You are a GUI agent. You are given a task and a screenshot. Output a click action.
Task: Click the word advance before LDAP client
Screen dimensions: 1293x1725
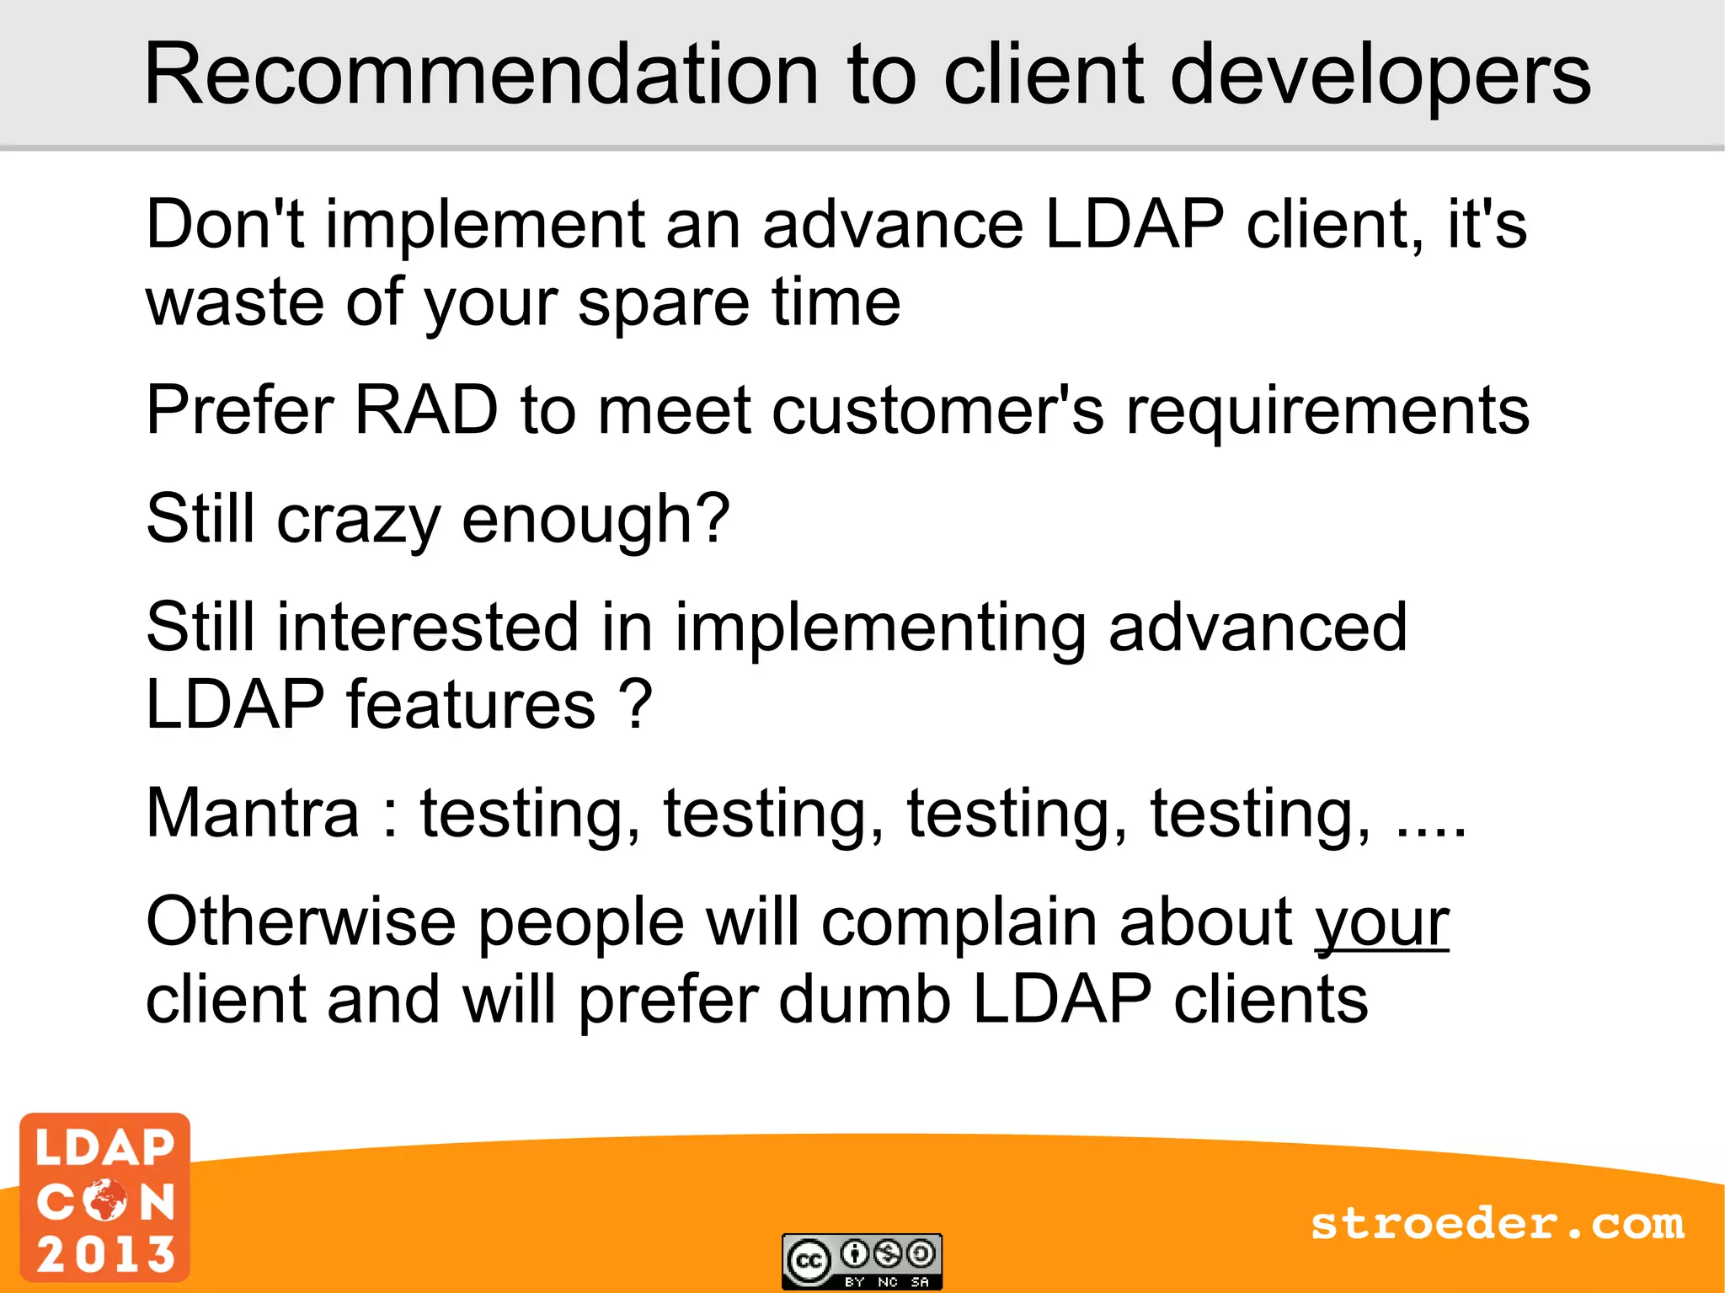pos(892,226)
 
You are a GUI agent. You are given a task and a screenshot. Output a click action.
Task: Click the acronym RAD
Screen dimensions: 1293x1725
pos(426,410)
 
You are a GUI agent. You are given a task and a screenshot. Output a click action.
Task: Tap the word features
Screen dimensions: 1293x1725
pos(471,704)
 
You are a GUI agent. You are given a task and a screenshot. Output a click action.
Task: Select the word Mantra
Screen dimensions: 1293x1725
pos(253,814)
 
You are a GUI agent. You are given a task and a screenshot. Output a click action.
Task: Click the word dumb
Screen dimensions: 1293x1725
pos(864,1000)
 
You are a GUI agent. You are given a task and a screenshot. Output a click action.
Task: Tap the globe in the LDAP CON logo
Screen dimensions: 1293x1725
pos(105,1200)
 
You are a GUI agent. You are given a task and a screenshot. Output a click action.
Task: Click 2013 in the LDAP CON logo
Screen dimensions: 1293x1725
pos(106,1254)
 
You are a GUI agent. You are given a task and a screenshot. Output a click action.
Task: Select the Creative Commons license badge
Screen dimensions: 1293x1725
pos(862,1261)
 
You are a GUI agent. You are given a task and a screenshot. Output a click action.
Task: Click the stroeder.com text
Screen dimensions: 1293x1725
pos(1497,1224)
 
